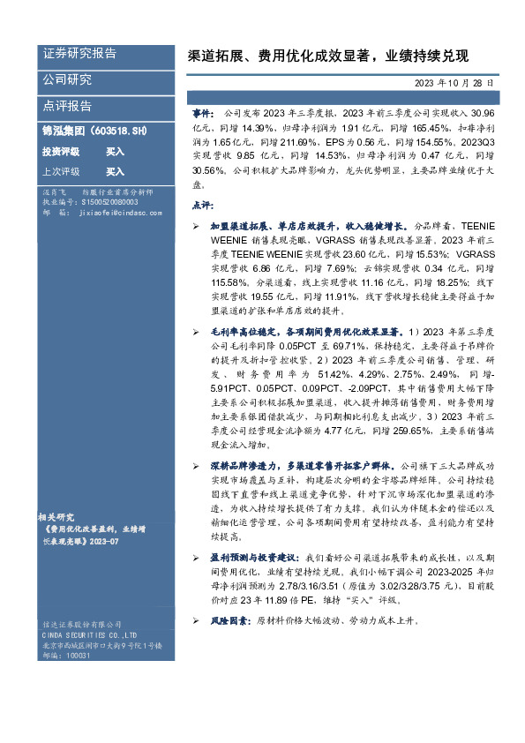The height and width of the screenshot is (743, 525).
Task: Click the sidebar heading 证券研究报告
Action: point(79,54)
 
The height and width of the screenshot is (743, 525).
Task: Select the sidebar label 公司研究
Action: point(67,80)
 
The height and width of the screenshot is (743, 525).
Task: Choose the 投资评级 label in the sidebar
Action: point(61,152)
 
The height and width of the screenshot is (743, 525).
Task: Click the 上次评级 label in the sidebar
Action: point(61,172)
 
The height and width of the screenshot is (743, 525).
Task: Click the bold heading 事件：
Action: point(203,115)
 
